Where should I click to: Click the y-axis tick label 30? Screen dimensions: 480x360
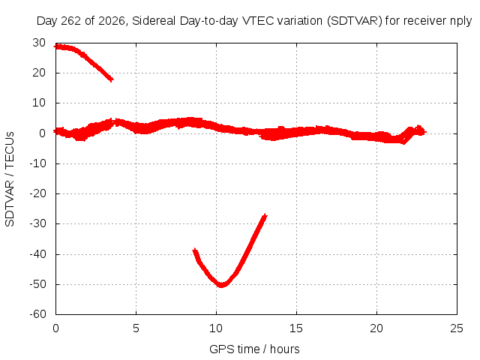[39, 43]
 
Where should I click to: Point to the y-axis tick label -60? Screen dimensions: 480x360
[37, 314]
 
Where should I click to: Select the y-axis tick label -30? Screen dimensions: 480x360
[37, 223]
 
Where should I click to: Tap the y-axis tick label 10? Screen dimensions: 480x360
[39, 103]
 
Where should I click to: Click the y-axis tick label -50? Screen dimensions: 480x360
[37, 284]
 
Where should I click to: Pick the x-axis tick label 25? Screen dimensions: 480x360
[457, 328]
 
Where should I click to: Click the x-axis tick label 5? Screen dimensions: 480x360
[136, 328]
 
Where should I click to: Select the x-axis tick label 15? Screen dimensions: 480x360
[296, 328]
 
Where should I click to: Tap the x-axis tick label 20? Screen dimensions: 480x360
[376, 328]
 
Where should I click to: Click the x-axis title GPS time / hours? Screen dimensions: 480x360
[254, 349]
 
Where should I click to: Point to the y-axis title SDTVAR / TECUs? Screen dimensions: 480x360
[10, 179]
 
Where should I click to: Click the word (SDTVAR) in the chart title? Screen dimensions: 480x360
[355, 21]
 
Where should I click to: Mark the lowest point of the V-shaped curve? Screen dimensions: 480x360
[221, 285]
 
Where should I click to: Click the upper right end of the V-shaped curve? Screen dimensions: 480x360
[265, 215]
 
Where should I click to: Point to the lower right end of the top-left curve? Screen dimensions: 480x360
[112, 80]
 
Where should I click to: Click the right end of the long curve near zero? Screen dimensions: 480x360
[425, 132]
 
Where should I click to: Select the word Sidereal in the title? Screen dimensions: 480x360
[154, 21]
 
